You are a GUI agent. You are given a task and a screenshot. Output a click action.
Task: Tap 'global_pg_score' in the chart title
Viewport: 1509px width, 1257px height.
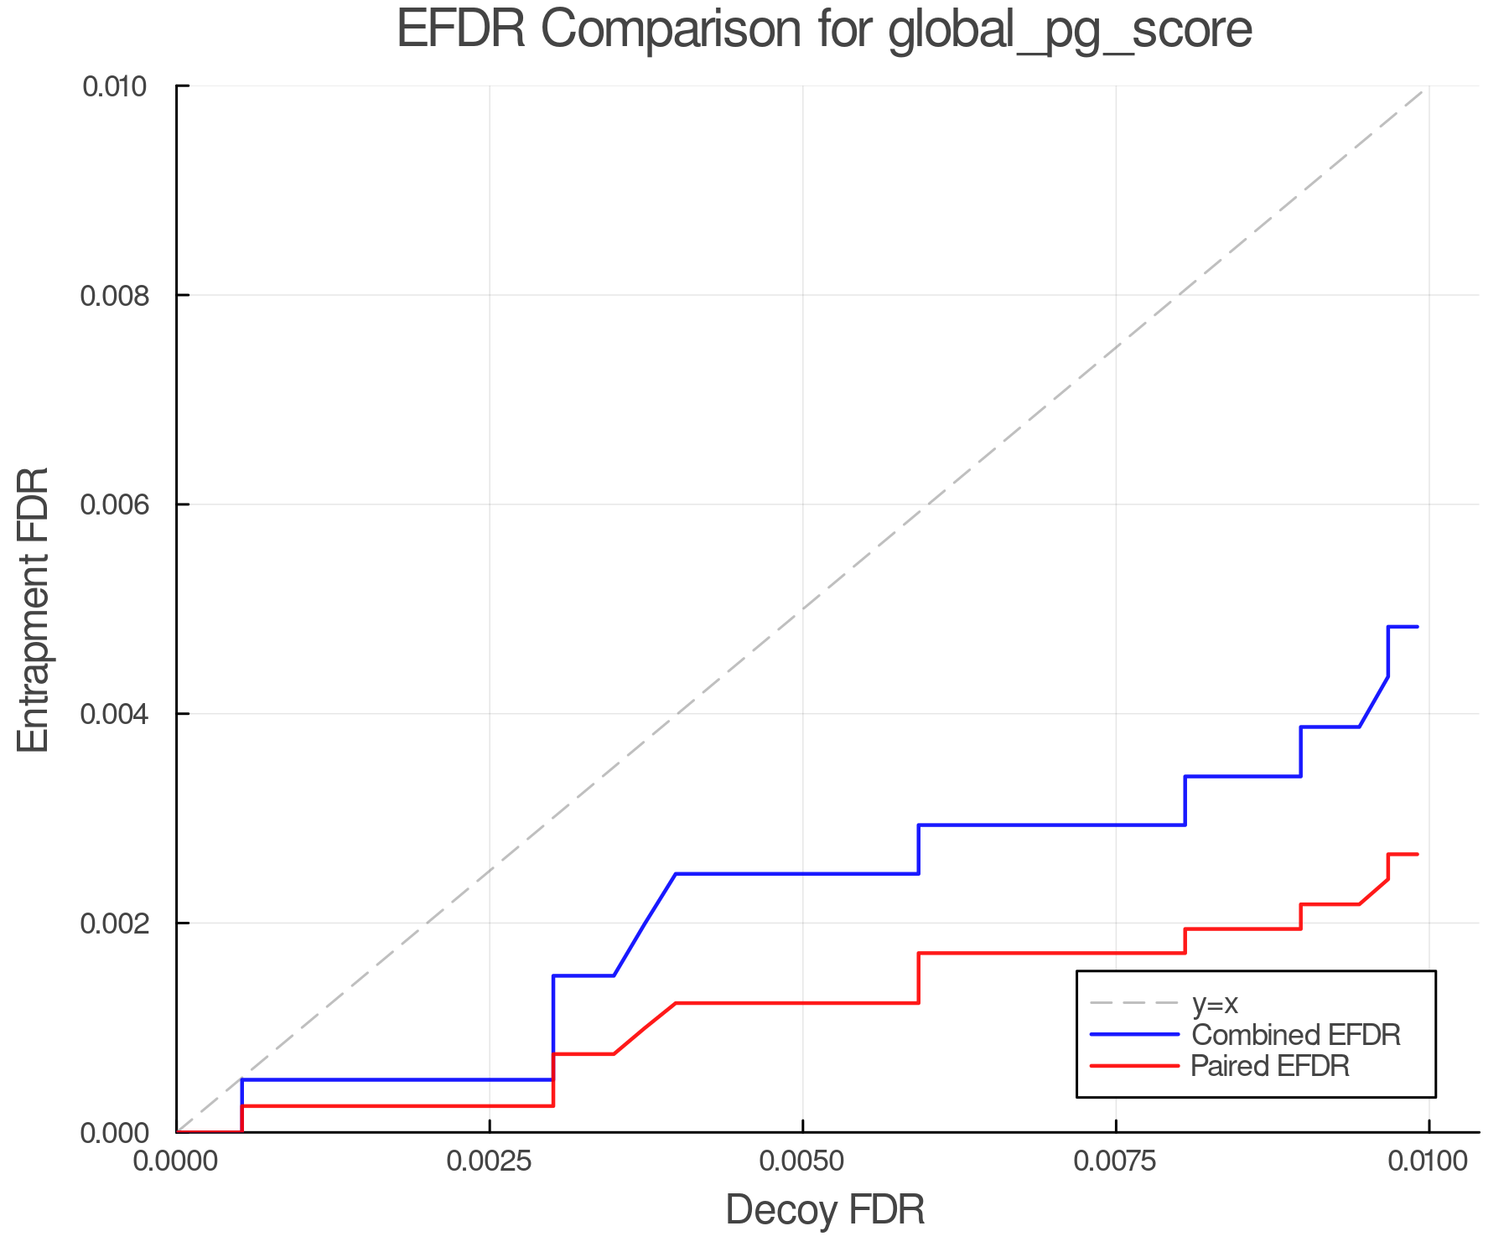pos(1070,30)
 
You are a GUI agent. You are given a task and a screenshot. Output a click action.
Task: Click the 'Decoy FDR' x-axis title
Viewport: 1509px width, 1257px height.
pos(825,1209)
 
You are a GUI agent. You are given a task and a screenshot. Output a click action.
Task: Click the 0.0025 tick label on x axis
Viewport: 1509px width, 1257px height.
pos(490,1161)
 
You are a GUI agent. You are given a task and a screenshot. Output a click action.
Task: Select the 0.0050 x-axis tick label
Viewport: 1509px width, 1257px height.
pos(802,1161)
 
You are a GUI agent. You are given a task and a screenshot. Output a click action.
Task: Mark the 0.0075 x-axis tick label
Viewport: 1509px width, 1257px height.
pos(1116,1161)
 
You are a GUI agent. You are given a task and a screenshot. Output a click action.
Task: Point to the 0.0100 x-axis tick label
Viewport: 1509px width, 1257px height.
pos(1428,1161)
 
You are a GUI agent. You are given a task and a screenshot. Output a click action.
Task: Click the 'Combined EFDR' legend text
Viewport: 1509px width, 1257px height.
pos(1295,1035)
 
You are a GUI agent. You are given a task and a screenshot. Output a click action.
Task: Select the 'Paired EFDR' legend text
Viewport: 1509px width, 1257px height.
pos(1270,1066)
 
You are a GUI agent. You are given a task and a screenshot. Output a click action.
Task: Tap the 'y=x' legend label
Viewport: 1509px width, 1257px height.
pos(1215,1003)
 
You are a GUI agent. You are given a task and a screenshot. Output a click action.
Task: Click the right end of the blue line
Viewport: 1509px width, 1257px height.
pos(1417,627)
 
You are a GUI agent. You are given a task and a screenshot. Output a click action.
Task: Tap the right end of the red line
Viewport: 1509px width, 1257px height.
pos(1417,854)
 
